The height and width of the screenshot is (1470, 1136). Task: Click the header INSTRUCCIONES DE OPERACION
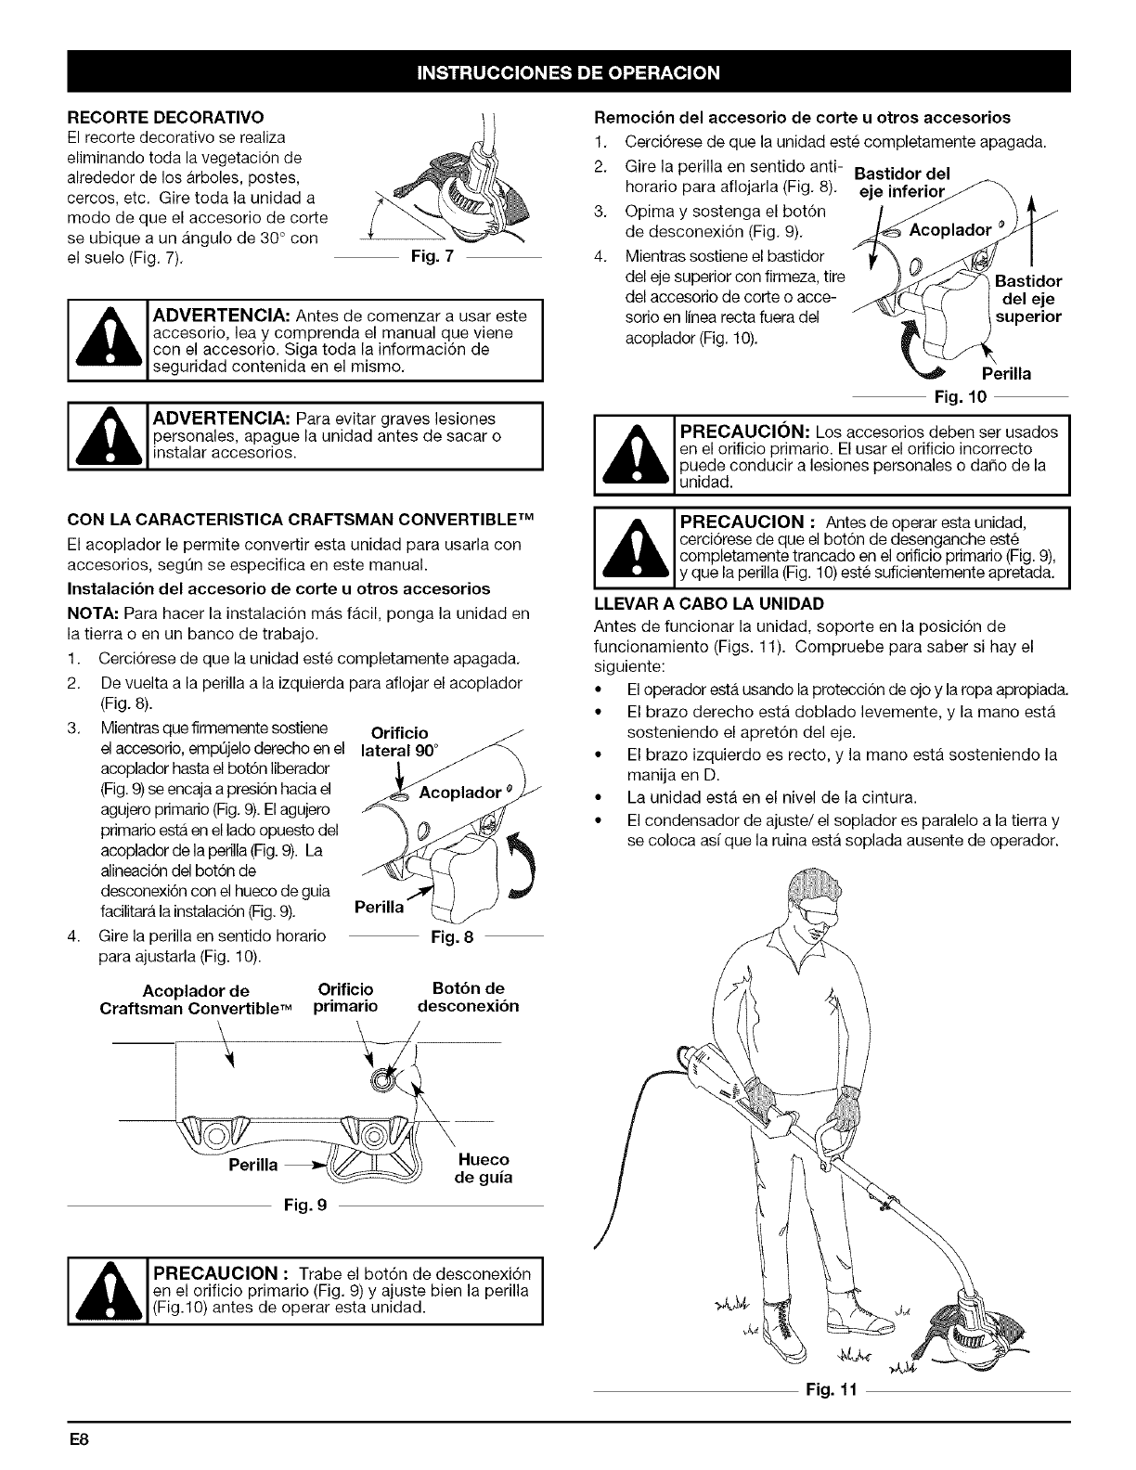568,72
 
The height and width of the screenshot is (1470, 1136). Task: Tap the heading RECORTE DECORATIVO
166,117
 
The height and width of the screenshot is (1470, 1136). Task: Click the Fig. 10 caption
961,396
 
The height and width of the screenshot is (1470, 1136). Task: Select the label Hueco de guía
483,1169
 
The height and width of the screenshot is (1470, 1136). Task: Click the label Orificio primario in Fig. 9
345,998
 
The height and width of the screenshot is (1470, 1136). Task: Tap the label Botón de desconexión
468,997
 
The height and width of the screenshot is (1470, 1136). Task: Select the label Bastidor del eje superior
1027,299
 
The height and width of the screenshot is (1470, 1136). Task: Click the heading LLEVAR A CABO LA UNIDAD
709,603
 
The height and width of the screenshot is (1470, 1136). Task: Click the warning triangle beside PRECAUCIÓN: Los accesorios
635,454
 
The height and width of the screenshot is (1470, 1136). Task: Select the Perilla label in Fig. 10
1006,374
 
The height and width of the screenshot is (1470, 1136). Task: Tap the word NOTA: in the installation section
94,613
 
